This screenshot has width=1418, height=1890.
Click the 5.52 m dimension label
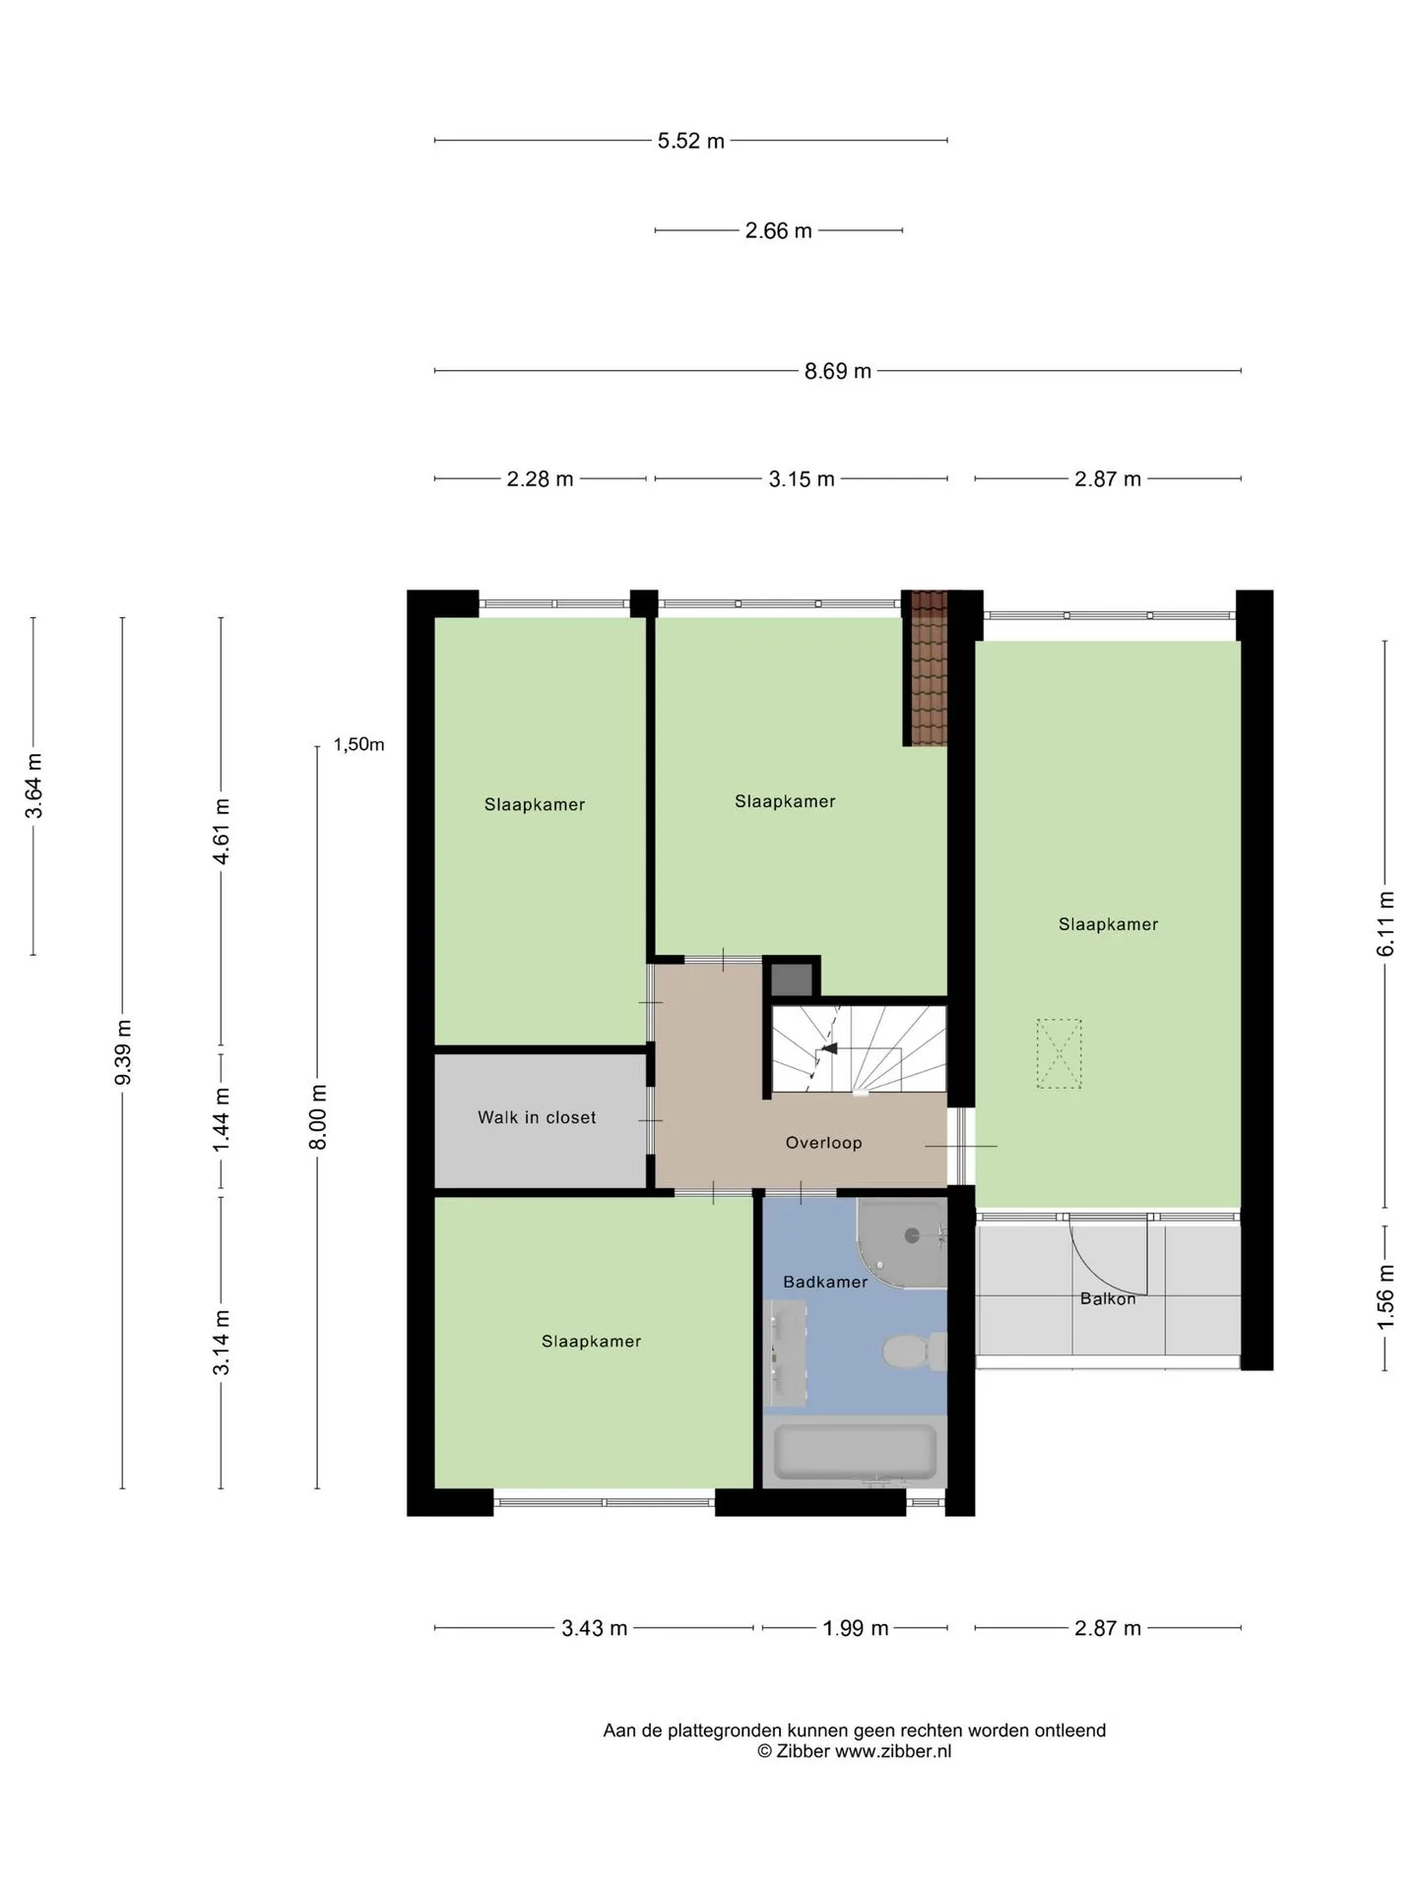tap(690, 141)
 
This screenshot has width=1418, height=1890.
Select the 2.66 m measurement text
tap(778, 230)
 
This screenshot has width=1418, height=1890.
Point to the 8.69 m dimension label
tap(837, 371)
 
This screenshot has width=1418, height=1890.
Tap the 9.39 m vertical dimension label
tap(124, 1052)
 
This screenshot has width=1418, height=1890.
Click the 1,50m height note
tap(358, 744)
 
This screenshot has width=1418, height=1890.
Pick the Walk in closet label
tap(537, 1117)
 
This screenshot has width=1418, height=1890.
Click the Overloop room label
tap(823, 1143)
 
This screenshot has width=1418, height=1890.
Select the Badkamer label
tap(825, 1282)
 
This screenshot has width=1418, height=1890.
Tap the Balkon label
tap(1108, 1298)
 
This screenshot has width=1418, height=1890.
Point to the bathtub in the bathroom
tap(855, 1452)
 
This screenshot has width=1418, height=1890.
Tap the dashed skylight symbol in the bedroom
tap(1059, 1053)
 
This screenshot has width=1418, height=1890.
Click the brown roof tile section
tap(927, 668)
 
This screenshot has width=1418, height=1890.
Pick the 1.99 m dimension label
tap(856, 1628)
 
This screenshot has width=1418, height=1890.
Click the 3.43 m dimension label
tap(595, 1628)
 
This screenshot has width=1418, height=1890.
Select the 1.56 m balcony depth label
tap(1386, 1296)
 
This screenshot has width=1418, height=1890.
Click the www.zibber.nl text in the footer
tap(893, 1751)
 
